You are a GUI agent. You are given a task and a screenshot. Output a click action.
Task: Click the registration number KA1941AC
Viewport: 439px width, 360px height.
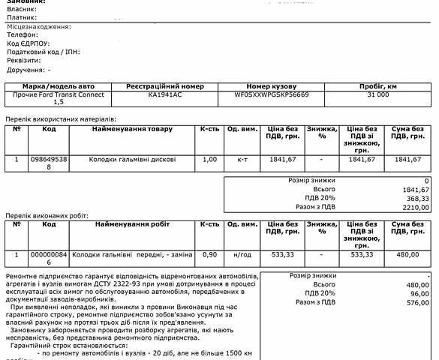coord(165,96)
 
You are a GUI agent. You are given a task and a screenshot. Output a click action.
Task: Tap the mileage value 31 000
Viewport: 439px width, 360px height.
coord(378,96)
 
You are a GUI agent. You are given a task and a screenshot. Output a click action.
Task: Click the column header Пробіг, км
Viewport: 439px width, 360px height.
coord(378,87)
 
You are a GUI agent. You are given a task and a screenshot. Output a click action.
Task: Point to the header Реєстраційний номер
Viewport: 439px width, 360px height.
coord(165,87)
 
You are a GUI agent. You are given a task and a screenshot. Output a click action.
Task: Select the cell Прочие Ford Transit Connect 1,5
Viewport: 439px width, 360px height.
coord(59,99)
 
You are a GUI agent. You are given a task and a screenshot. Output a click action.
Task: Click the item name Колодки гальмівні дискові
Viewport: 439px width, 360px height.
coord(133,160)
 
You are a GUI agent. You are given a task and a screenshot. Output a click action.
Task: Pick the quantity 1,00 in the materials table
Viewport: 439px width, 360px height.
coord(209,160)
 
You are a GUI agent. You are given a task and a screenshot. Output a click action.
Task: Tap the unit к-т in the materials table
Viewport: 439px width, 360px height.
coord(242,160)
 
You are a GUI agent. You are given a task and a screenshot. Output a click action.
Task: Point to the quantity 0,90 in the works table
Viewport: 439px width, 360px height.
coord(209,255)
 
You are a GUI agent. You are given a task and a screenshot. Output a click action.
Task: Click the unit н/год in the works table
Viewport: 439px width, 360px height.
coord(242,255)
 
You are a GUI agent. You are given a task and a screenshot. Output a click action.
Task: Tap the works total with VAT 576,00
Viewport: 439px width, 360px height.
coord(416,303)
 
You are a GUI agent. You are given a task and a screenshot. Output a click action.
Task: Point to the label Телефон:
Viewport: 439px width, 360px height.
coord(23,35)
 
